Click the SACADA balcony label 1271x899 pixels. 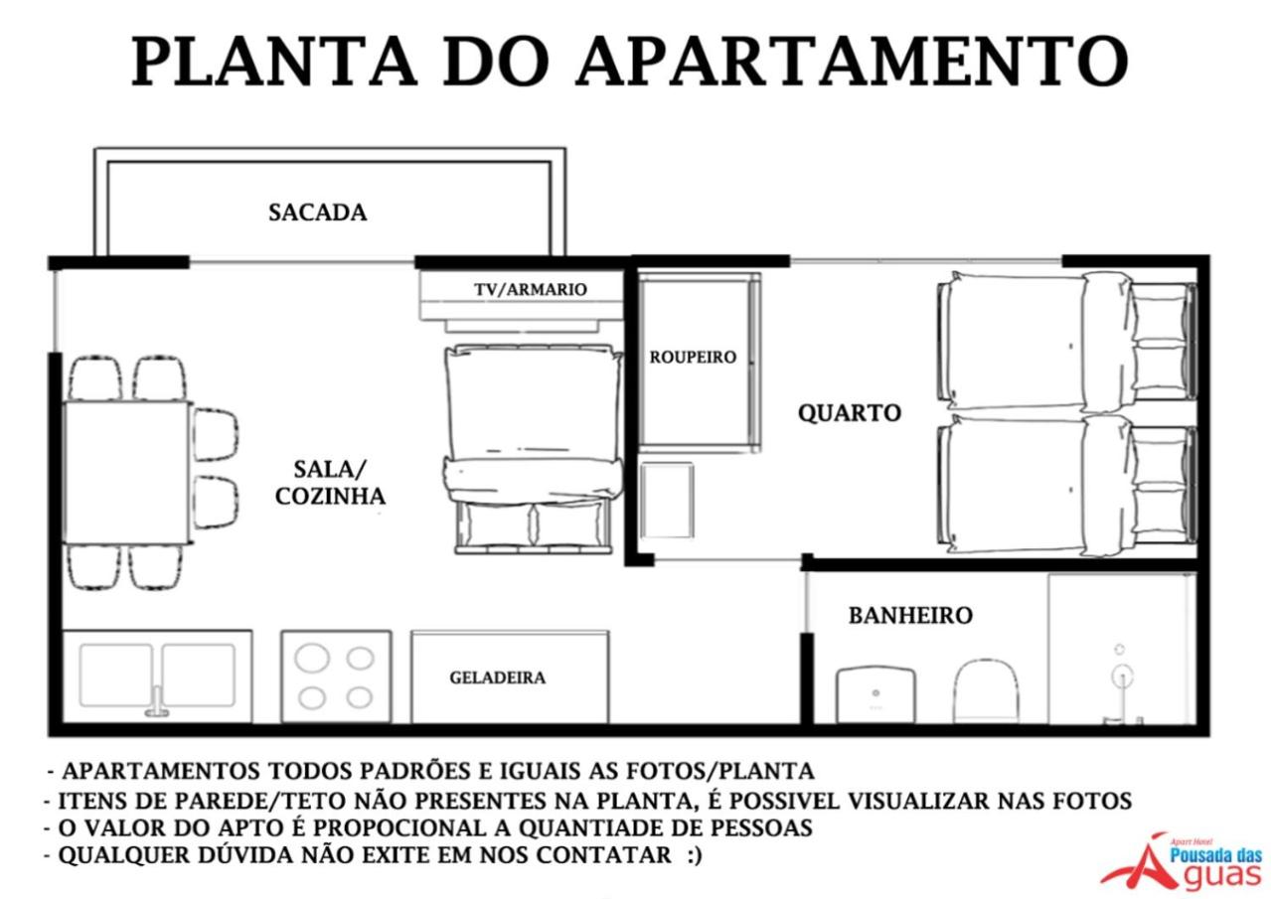click(318, 213)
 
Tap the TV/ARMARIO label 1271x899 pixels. click(531, 290)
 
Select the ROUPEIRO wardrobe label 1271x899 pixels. click(693, 358)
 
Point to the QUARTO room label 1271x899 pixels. click(850, 413)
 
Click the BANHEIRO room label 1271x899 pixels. click(910, 616)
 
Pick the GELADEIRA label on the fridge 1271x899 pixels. click(498, 677)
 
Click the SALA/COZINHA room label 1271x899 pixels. click(330, 483)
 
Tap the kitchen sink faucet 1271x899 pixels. click(157, 702)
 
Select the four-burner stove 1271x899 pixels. click(336, 676)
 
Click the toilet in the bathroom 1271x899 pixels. click(986, 690)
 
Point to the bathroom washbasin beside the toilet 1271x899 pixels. click(876, 694)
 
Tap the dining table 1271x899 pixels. click(127, 472)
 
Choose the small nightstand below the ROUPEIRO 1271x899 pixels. click(667, 501)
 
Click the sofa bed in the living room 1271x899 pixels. click(533, 448)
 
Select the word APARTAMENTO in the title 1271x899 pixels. click(852, 61)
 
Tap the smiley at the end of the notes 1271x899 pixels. click(694, 855)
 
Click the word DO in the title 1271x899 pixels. click(496, 61)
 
